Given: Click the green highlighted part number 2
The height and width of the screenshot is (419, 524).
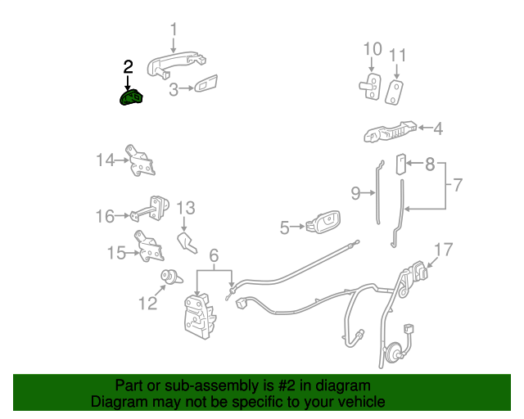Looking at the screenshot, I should [x=131, y=98].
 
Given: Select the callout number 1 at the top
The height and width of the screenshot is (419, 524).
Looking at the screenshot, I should [x=174, y=30].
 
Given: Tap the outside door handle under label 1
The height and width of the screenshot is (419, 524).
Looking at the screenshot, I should [x=177, y=64].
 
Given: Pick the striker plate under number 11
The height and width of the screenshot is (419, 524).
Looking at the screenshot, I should [x=395, y=90].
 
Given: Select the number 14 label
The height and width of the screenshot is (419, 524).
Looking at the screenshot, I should [x=106, y=160].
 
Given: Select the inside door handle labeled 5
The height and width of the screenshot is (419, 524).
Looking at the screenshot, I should [x=321, y=223].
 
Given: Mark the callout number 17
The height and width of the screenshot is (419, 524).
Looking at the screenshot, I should [x=443, y=250].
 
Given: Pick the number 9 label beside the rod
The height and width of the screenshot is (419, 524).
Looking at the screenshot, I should [x=355, y=193].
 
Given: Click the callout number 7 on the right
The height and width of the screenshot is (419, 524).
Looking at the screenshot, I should [x=458, y=185].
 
